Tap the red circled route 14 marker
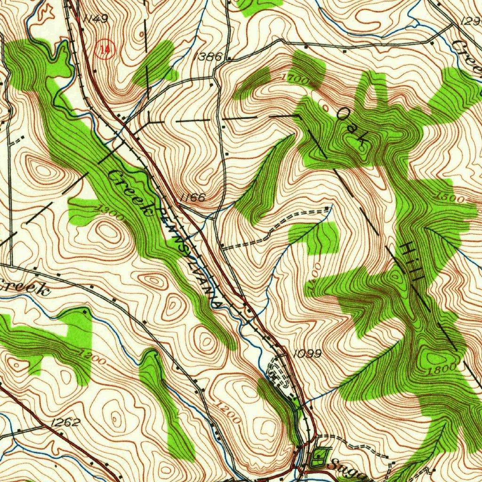(104, 48)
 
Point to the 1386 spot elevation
(207, 56)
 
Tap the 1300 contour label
(109, 213)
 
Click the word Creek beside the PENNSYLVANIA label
(130, 193)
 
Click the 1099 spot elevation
(306, 353)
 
